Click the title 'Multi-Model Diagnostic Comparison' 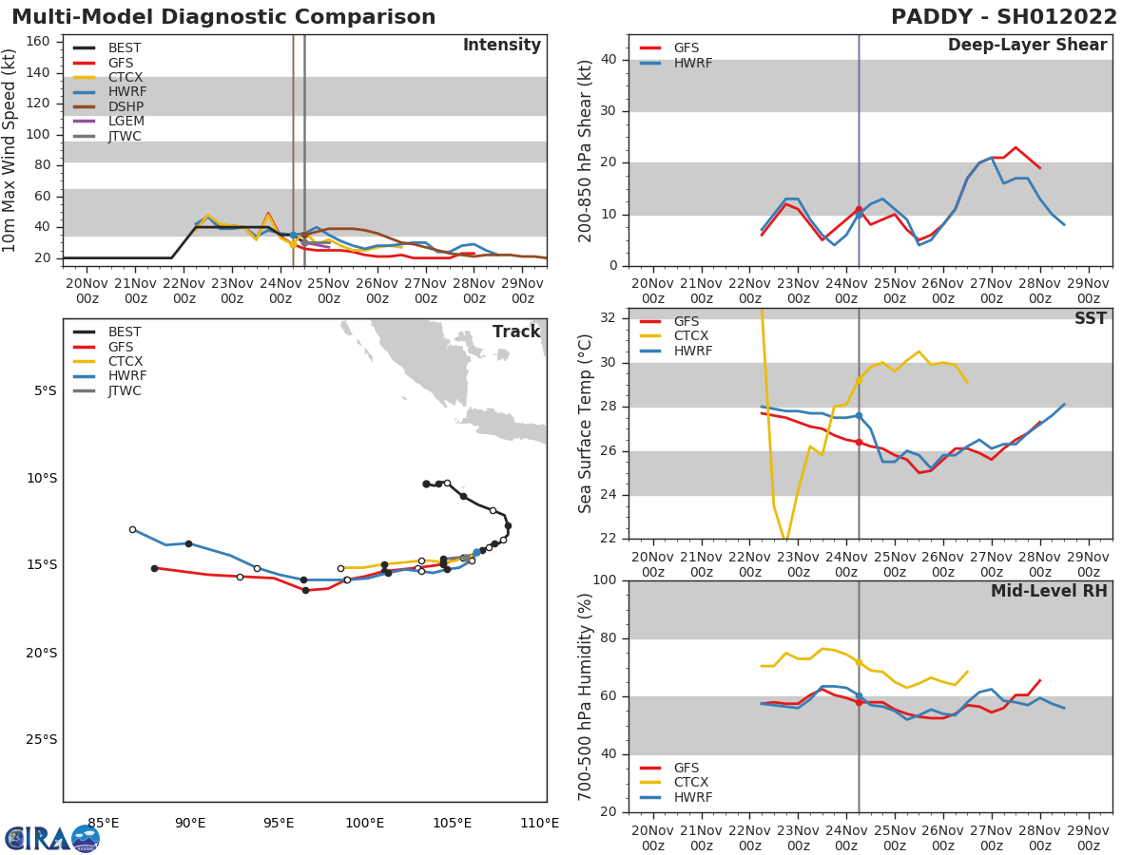(223, 17)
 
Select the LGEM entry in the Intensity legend (125, 122)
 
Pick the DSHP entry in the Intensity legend (125, 106)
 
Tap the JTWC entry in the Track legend (125, 390)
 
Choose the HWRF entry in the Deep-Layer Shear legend (692, 63)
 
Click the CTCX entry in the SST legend (692, 336)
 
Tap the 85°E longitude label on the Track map (103, 823)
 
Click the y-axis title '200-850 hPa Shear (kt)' (586, 150)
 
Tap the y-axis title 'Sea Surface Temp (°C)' (586, 424)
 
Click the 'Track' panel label (515, 332)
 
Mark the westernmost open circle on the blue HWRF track (132, 529)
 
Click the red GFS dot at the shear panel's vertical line (859, 209)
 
